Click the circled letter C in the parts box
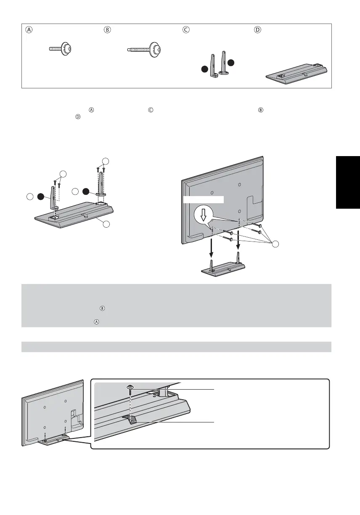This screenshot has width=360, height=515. pos(185,30)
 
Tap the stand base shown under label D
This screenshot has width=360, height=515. pos(297,74)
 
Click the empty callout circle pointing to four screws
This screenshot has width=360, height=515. pos(275,244)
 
